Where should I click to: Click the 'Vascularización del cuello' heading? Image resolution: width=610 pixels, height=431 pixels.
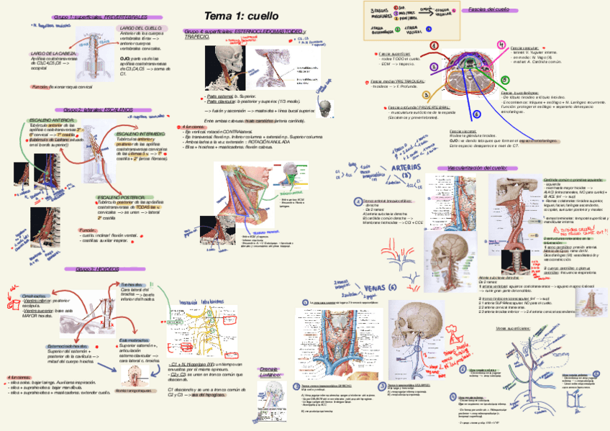(x=477, y=168)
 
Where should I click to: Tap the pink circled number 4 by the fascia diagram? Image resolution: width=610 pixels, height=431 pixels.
(x=434, y=45)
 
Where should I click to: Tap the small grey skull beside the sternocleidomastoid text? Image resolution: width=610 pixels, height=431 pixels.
(x=326, y=108)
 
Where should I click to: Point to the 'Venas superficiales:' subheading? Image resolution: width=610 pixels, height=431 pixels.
(x=513, y=328)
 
